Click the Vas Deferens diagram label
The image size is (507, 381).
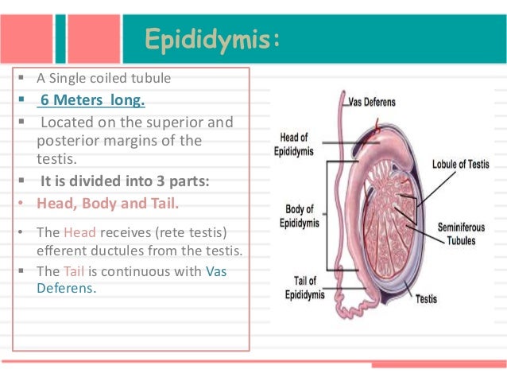[x=372, y=102]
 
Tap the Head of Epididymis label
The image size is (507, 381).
[x=294, y=144]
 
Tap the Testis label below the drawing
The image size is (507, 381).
[x=426, y=299]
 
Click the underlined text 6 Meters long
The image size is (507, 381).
[x=93, y=101]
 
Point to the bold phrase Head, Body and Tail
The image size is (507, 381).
[x=108, y=202]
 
